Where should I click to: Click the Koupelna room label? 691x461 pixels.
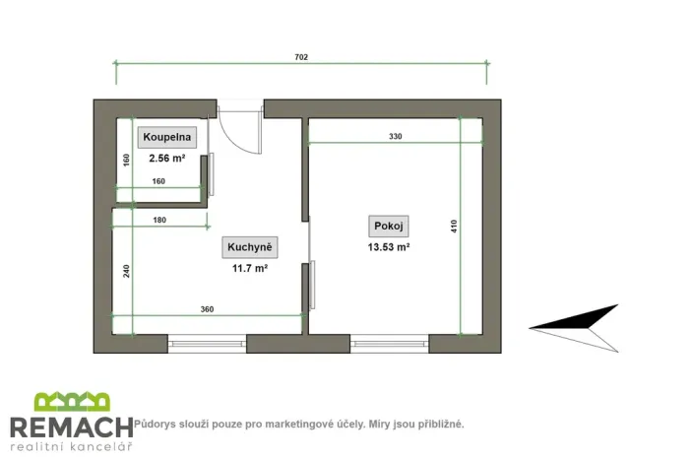point(167,137)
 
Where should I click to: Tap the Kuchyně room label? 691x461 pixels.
point(250,247)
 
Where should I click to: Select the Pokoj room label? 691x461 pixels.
point(389,227)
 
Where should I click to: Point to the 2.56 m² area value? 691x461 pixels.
point(167,158)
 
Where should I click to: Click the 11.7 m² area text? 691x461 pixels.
point(250,268)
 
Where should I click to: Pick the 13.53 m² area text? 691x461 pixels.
point(389,247)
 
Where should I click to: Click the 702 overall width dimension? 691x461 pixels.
point(301,57)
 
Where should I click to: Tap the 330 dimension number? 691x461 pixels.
point(396,136)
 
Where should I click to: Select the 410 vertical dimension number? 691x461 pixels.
point(454,227)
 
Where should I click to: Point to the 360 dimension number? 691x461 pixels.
point(207,309)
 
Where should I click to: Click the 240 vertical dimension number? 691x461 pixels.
point(126,271)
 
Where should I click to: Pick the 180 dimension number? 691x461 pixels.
point(159,220)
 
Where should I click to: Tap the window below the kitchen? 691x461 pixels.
point(207,344)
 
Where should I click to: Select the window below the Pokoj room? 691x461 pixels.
point(390,344)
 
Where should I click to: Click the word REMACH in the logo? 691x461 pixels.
point(72,427)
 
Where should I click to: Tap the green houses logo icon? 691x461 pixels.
point(72,401)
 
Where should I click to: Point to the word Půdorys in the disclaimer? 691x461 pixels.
point(155,425)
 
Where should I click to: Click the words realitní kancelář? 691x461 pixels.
point(71,447)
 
